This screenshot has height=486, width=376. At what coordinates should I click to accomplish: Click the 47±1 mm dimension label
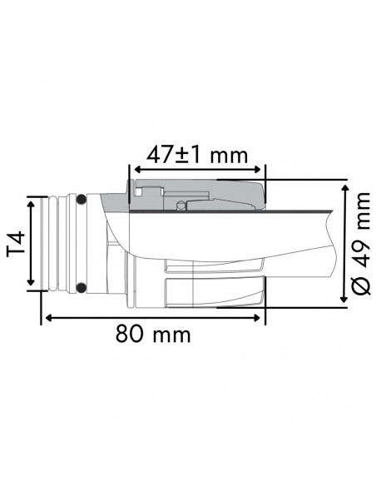tap(196, 153)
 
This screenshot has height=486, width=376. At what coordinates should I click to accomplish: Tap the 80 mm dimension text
tap(153, 335)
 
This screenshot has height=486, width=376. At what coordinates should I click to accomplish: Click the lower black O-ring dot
tap(81, 288)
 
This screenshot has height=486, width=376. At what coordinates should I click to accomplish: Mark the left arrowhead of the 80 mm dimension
tap(47, 317)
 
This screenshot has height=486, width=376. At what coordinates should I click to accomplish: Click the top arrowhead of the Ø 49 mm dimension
tap(344, 186)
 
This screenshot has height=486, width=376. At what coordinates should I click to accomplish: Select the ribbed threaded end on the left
tap(58, 244)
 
